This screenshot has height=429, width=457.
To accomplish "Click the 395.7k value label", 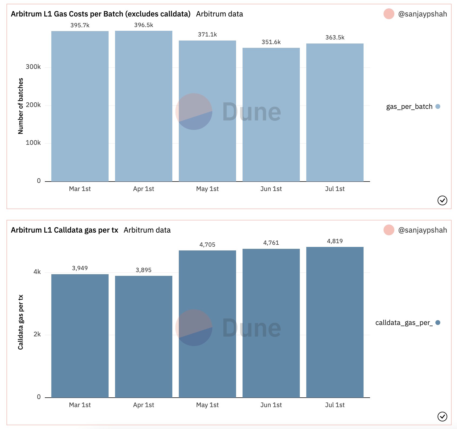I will [80, 25].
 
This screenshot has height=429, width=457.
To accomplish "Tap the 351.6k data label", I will [271, 42].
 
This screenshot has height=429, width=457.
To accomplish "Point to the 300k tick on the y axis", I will [33, 67].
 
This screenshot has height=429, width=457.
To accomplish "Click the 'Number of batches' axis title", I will [21, 106].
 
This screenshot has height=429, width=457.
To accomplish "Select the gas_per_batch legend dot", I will [438, 106].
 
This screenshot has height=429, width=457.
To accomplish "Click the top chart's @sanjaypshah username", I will [422, 14].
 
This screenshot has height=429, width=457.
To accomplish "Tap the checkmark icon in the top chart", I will [442, 200].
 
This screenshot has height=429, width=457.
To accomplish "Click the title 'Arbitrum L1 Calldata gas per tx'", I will [65, 230].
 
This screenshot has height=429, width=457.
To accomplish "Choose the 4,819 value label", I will [335, 241].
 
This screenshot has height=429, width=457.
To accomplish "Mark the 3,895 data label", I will [143, 270].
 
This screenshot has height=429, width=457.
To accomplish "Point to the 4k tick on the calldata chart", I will [37, 272].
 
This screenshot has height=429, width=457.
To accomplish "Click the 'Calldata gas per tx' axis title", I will [21, 322].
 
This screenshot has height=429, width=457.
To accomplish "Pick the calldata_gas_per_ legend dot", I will [438, 323].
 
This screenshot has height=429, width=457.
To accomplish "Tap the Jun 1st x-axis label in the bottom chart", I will [271, 405].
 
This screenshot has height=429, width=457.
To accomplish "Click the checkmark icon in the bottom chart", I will [442, 417].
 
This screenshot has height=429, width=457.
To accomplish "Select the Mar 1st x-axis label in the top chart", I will [80, 189].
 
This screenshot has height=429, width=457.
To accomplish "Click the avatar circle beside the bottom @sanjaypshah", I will [389, 230].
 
